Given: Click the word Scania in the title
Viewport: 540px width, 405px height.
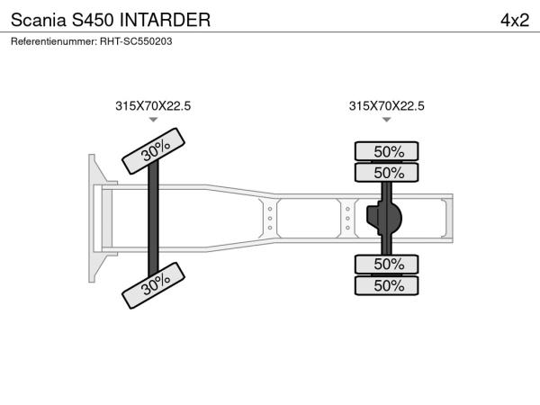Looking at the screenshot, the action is point(38,20).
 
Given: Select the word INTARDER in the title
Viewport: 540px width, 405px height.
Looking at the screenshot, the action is point(165,20).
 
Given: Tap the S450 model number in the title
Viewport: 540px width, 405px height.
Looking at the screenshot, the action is point(93,20).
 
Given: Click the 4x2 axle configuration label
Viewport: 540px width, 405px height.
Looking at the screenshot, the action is point(515,21).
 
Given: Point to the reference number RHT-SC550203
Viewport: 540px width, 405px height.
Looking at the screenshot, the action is point(136,41).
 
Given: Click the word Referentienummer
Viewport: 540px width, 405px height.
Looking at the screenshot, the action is point(54,41).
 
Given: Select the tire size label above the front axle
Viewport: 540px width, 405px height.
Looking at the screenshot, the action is point(153,105).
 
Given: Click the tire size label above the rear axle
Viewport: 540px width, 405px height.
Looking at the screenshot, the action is point(386,105).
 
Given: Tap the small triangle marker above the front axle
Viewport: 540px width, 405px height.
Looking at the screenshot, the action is point(153,120).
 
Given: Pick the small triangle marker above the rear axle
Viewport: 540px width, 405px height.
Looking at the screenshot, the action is point(387,120).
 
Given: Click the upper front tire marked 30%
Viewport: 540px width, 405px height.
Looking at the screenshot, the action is point(154,151).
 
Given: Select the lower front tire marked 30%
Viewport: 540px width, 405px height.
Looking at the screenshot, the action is point(154,285).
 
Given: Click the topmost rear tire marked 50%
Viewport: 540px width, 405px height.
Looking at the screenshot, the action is point(386,151).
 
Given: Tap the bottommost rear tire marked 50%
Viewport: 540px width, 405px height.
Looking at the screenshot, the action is point(386,285).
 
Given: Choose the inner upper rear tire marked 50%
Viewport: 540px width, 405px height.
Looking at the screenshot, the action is point(386,173).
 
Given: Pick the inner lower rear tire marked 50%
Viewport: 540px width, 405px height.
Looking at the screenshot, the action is point(386,264).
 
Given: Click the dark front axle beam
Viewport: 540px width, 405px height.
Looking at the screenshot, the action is point(153,219).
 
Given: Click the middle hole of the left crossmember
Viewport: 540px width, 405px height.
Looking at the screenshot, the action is point(270,219).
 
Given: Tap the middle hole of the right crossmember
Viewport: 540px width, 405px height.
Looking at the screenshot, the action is point(347,219).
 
